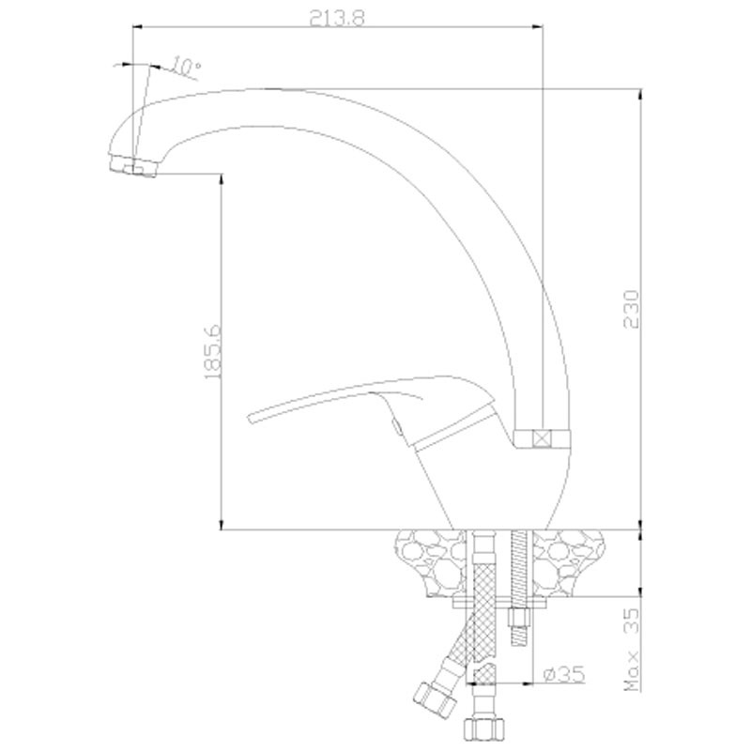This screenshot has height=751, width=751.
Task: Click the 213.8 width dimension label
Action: (337, 19)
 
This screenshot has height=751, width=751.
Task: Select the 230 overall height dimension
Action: (632, 309)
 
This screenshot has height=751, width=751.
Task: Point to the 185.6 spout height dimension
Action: (212, 352)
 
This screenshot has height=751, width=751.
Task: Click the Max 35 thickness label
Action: (632, 650)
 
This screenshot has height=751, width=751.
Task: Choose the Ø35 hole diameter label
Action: (564, 675)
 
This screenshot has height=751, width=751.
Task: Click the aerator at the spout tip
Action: (132, 165)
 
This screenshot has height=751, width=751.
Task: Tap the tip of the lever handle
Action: (250, 417)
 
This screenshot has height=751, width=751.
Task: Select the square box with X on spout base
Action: (543, 437)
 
